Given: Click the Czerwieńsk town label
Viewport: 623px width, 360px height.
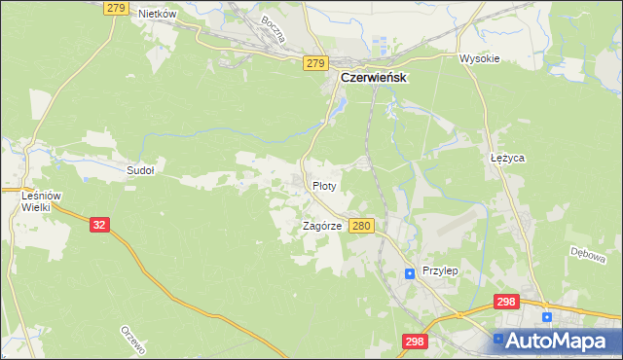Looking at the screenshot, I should click(x=373, y=78).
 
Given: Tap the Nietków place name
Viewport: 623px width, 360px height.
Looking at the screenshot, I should click(x=157, y=14).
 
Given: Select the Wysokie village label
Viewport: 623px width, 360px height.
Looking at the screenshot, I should click(x=479, y=58).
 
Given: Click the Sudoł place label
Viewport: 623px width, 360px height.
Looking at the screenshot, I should click(x=141, y=169).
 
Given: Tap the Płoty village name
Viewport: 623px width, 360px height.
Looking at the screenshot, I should click(x=324, y=185).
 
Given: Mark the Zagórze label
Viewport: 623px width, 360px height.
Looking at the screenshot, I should click(x=321, y=225).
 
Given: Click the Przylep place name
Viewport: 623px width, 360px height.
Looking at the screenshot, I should click(x=440, y=272).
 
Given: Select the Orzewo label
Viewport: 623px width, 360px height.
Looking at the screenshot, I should click(x=130, y=341).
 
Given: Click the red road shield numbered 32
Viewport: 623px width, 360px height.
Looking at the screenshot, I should click(x=99, y=224).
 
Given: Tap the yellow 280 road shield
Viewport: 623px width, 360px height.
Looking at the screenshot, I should click(x=361, y=226).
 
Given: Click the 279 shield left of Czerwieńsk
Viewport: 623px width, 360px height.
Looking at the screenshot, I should click(x=314, y=63).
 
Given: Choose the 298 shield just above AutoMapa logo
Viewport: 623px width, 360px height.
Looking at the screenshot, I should click(x=505, y=303).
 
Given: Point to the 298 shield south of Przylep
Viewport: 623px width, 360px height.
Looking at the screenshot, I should click(x=415, y=342).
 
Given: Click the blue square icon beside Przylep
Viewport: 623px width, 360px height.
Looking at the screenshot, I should click(x=411, y=273).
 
